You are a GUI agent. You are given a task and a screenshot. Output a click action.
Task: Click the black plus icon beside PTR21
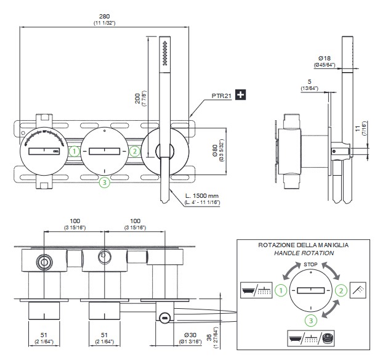pos(241,95)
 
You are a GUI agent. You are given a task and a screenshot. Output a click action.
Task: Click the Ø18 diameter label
pos(325,58)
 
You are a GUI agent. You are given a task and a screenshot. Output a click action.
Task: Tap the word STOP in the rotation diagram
pos(312,264)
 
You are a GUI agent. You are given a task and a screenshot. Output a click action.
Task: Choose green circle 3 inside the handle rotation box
pos(312,320)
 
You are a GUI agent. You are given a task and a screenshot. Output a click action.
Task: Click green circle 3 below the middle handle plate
pos(105,182)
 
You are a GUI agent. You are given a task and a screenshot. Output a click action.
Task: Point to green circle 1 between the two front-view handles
pos(74,150)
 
